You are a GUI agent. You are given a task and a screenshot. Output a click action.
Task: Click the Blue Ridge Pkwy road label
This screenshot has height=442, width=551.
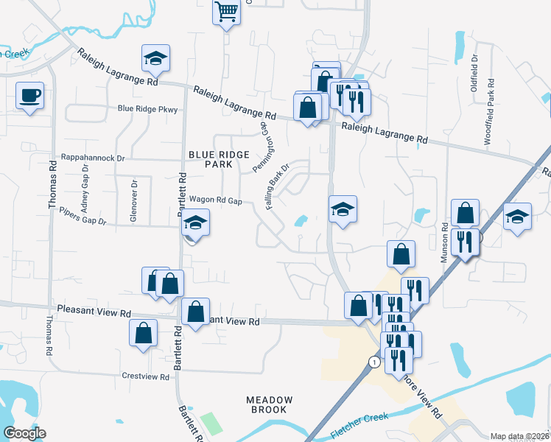[147, 109]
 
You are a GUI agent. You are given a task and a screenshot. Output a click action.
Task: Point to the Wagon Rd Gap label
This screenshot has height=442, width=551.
[216, 200]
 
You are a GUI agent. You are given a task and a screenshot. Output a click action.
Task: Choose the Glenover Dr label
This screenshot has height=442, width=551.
[133, 201]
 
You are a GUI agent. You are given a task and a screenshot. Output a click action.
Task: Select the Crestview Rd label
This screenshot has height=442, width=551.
[146, 376]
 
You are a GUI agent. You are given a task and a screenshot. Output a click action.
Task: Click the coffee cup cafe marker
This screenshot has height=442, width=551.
[29, 96]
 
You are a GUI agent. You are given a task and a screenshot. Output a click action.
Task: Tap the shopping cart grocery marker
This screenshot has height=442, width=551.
[227, 12]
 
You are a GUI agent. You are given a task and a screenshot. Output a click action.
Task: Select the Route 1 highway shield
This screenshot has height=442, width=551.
[375, 362]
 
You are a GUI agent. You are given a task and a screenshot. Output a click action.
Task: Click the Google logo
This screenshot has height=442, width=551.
[24, 433]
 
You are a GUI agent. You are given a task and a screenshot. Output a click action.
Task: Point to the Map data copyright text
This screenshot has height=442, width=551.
[519, 436]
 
